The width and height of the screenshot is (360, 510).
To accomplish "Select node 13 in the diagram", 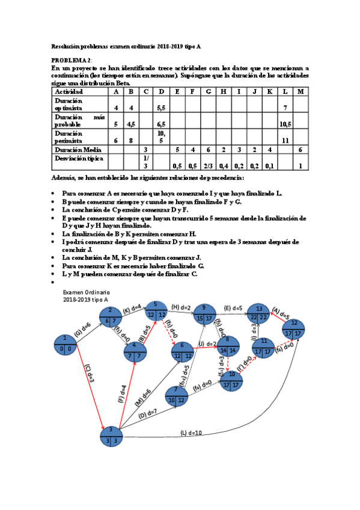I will click(258, 313).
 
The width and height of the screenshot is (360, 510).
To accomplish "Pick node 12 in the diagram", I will click(294, 329).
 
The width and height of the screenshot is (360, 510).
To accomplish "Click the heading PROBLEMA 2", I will click(72, 61).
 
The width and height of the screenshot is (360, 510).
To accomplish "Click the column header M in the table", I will click(300, 91).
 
